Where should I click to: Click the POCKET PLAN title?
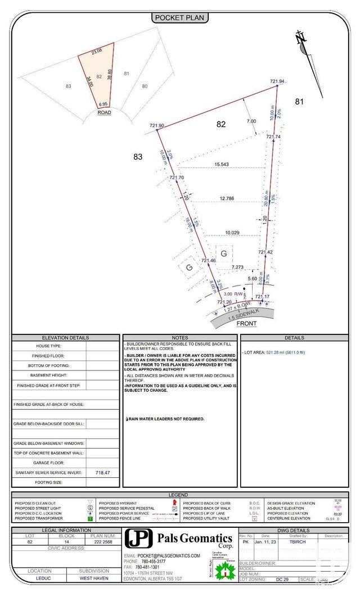click(180, 18)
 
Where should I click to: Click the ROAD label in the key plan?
click(104, 112)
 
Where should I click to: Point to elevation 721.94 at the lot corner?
click(277, 82)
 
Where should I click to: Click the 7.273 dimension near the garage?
click(237, 267)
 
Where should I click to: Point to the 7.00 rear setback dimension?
click(251, 121)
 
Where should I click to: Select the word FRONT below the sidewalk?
click(246, 324)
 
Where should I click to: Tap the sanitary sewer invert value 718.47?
click(102, 473)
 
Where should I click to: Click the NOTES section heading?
click(180, 338)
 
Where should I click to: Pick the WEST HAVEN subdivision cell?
click(94, 578)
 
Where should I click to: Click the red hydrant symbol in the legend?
click(174, 503)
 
